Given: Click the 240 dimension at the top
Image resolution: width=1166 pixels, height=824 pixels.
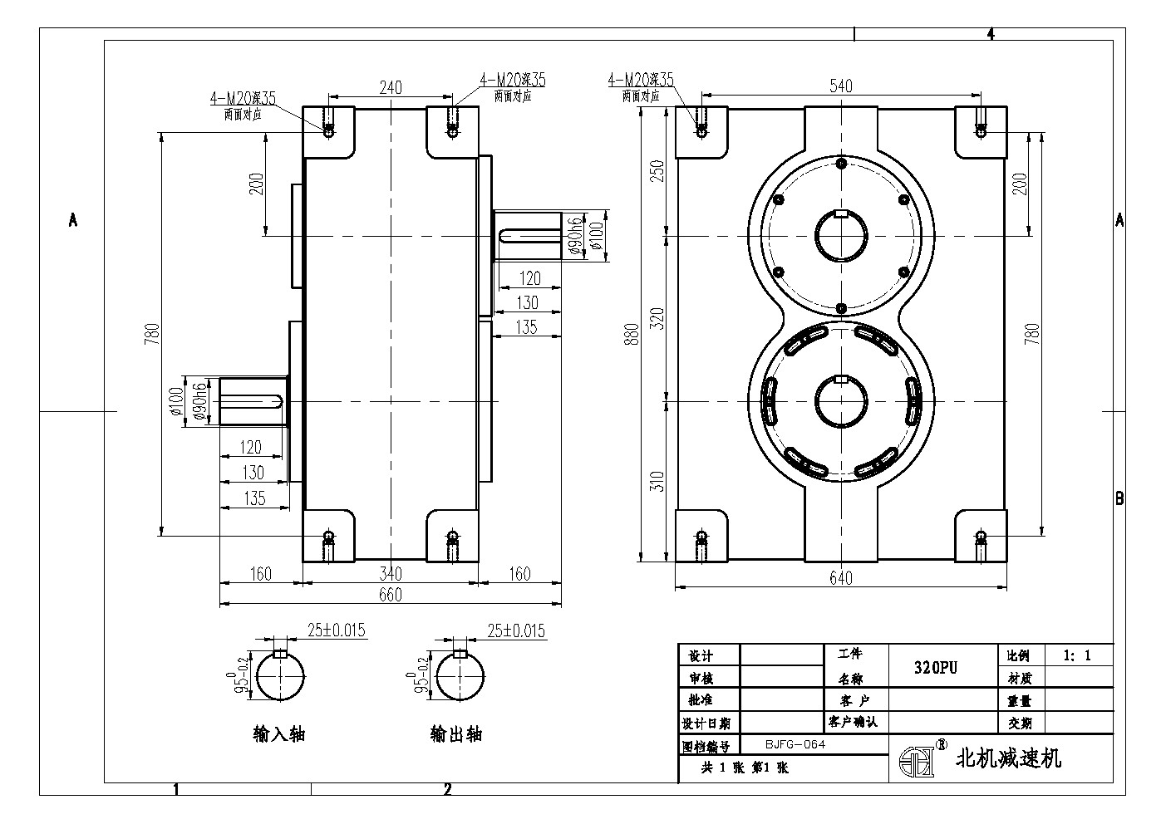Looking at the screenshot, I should [391, 86].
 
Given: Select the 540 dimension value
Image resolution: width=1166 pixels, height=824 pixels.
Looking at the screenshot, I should [840, 86].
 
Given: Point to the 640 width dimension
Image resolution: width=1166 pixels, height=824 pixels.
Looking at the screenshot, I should [841, 578].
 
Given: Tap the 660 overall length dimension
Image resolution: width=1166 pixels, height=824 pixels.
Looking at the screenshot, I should [390, 595].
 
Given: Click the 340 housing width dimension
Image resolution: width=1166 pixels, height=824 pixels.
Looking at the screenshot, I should [390, 573].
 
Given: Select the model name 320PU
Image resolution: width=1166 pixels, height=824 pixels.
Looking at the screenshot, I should [937, 667].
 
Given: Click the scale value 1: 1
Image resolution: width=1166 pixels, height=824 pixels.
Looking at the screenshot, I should [1077, 655].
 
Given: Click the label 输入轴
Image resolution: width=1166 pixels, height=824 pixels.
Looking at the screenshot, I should [279, 734].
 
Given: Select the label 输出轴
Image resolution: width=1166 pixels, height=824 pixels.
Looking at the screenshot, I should [455, 734].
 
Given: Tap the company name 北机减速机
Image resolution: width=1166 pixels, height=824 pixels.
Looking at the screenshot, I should [1009, 758].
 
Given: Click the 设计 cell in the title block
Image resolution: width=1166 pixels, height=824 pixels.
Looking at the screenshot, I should [697, 656].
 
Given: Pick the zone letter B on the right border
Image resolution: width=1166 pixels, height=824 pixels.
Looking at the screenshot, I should [1119, 498].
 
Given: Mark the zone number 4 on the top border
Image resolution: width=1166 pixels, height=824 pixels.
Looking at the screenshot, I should [990, 34].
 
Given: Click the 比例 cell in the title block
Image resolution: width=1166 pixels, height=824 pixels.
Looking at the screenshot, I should [1019, 655].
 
